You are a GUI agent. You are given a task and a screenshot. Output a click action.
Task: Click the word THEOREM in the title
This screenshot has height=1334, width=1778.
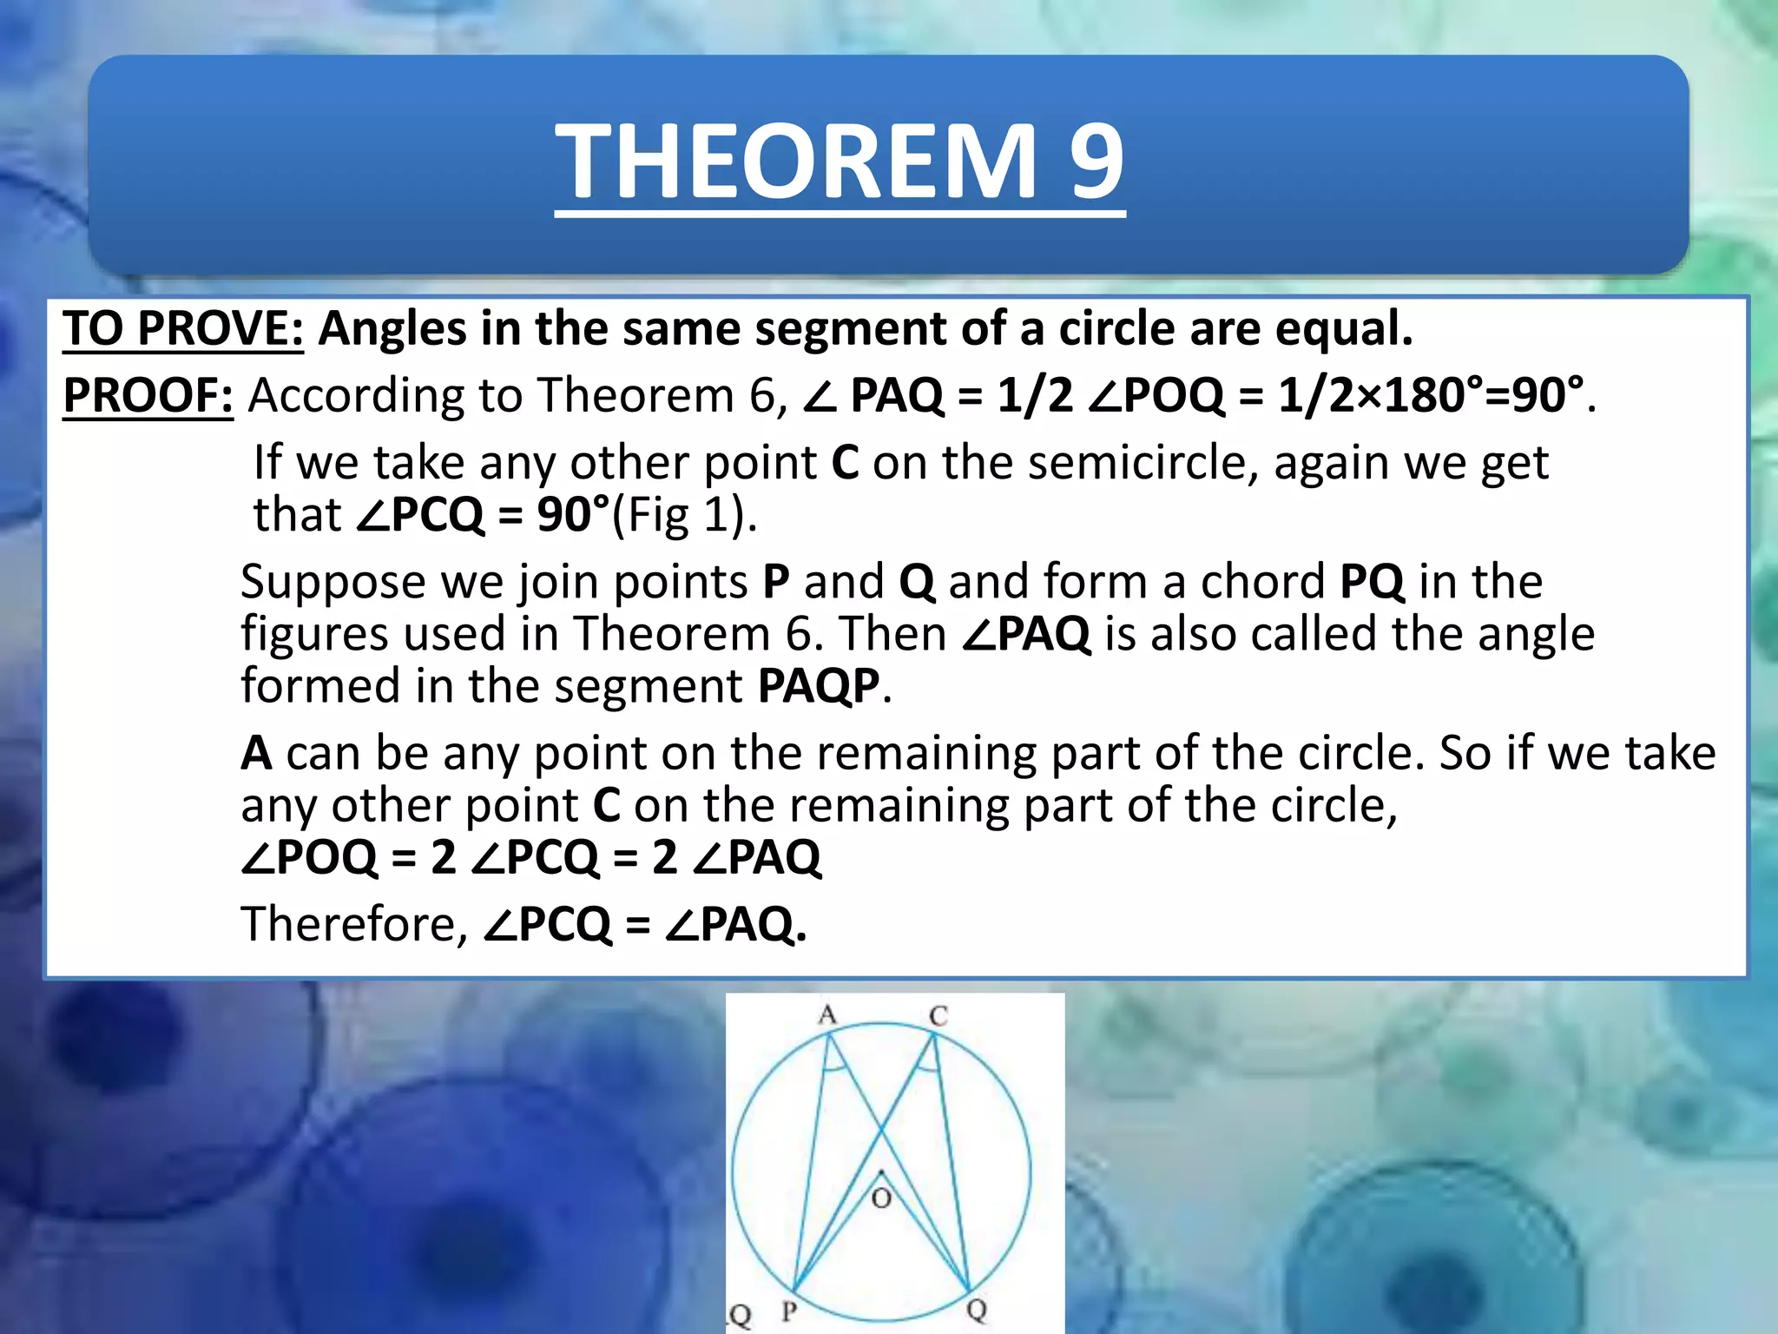(x=795, y=161)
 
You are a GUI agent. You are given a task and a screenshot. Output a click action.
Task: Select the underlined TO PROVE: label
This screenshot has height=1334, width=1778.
(x=183, y=329)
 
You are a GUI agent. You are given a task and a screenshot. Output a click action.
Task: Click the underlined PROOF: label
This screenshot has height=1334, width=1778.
(x=148, y=395)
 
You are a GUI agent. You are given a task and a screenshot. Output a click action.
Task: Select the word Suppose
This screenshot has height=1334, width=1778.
(x=333, y=582)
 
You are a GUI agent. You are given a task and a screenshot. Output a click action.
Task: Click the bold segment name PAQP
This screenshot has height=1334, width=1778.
(x=819, y=686)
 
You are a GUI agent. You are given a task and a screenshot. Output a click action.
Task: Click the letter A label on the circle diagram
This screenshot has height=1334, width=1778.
(x=827, y=1014)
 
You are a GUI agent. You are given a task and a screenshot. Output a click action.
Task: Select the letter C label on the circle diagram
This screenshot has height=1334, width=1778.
(x=938, y=1015)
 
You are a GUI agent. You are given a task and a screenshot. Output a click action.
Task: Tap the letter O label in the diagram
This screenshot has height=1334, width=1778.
(x=881, y=1199)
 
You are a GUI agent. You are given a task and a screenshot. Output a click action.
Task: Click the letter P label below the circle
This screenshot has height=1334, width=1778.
(x=788, y=1310)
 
